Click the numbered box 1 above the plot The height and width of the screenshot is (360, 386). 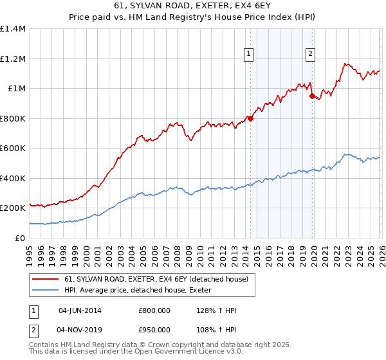[x=248, y=55]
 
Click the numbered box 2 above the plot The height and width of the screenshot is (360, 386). [x=310, y=55]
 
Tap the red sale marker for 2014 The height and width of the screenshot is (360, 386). [x=250, y=118]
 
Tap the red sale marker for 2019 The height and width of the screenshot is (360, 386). [x=312, y=96]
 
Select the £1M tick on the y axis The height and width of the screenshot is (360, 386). [x=16, y=89]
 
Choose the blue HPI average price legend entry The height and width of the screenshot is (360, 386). [x=142, y=290]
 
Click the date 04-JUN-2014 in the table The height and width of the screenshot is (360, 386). [x=80, y=310]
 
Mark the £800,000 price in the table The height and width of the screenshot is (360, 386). [x=154, y=310]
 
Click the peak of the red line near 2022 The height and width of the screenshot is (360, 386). [x=345, y=64]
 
